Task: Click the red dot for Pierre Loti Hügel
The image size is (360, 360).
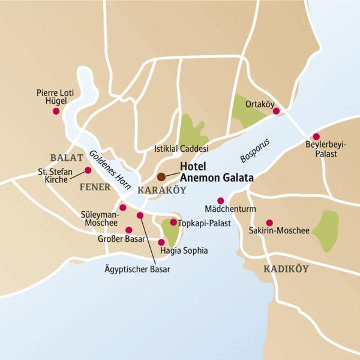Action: (x=56, y=111)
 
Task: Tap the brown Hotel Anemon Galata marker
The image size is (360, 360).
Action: (x=161, y=177)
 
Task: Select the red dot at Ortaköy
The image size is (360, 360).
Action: (x=276, y=111)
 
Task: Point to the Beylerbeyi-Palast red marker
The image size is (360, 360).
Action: (x=316, y=137)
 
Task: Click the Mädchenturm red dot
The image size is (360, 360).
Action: (x=220, y=200)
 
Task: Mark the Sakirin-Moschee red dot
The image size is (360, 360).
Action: (x=269, y=222)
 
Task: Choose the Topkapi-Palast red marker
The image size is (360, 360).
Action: (x=173, y=223)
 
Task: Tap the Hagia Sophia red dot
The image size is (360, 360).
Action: (x=161, y=242)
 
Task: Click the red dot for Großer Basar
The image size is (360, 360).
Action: (x=128, y=230)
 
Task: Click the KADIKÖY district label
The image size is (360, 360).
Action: (x=286, y=269)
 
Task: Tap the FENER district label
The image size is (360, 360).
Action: (x=95, y=187)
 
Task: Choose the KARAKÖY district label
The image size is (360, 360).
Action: (x=161, y=190)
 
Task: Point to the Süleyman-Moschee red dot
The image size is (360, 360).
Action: (x=123, y=208)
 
